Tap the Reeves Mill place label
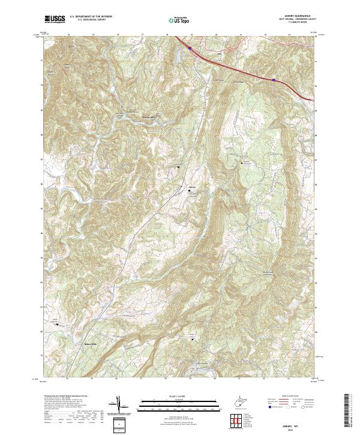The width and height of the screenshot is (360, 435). (148, 118)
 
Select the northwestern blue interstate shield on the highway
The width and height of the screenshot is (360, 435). (190, 47)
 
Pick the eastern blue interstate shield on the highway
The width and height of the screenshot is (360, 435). (274, 79)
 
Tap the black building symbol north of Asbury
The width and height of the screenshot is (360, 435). (178, 166)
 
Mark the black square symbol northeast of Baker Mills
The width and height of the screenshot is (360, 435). (193, 340)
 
